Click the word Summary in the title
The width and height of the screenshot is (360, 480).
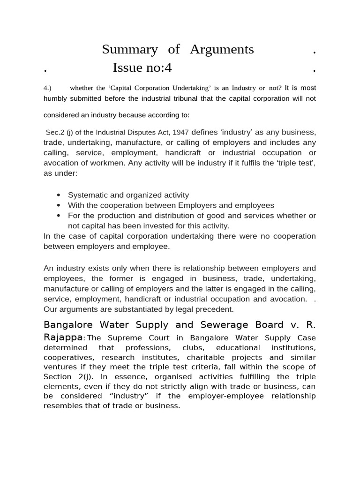(130, 49)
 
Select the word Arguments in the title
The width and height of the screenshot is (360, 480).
(222, 49)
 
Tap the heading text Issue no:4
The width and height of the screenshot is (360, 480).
(142, 68)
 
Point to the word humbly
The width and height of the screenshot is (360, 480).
(56, 98)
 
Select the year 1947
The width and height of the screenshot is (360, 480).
(180, 132)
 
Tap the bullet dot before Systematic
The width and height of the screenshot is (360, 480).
(59, 195)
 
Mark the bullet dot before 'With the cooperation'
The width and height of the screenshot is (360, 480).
(59, 205)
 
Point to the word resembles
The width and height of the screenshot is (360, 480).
(59, 406)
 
